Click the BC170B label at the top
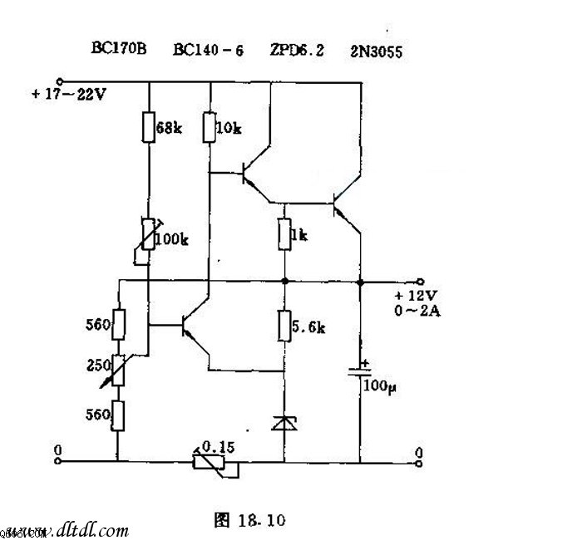[118, 49]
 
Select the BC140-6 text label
[208, 50]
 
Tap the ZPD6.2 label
[297, 50]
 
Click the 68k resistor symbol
[148, 128]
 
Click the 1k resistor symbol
[284, 233]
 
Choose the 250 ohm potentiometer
[117, 369]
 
